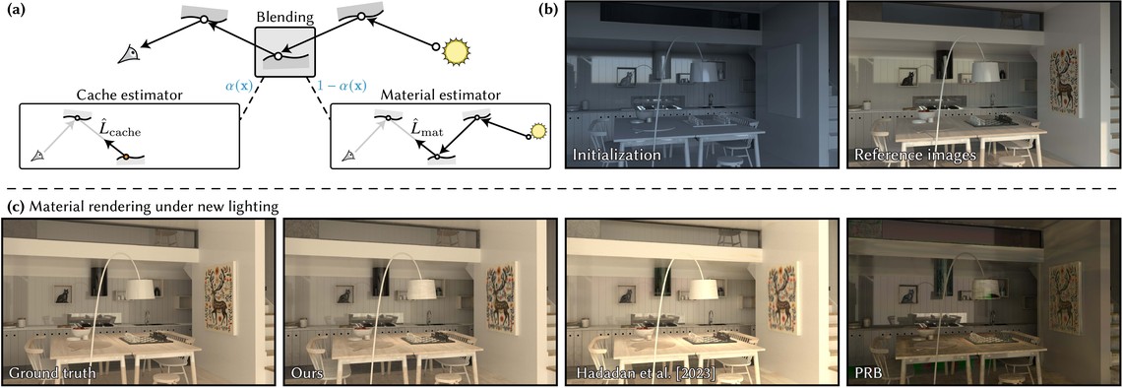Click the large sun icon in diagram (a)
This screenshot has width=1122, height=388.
[x=455, y=51]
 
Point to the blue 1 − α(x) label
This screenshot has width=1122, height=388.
[x=340, y=86]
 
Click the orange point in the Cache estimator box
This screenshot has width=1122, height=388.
[x=126, y=157]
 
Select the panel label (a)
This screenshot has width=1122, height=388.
[x=13, y=12]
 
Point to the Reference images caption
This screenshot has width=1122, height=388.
[x=906, y=154]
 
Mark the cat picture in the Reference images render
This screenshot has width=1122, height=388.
[x=910, y=79]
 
